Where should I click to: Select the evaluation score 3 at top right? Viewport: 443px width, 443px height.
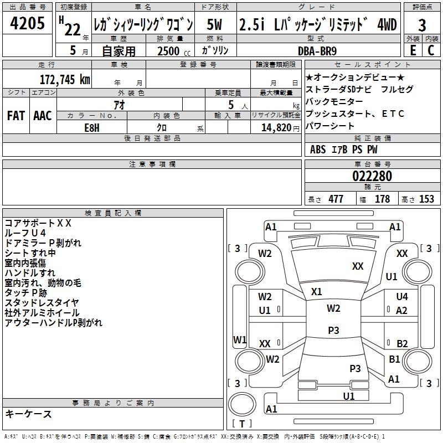coord(422,25)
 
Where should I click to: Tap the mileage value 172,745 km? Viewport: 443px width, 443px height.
coord(65,79)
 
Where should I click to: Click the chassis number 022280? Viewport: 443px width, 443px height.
coord(372,176)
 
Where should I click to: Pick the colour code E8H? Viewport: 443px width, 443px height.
coord(92,127)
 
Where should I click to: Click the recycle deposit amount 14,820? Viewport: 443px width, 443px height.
coord(275,127)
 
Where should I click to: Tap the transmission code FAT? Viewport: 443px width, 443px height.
coord(16,116)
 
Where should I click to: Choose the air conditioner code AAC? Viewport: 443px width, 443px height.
coord(43,116)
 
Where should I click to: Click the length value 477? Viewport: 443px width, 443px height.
coord(335,199)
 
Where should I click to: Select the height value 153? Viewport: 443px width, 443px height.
coord(426,199)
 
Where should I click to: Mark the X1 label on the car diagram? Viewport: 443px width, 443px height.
coord(317,291)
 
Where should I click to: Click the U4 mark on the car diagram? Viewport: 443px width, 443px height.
coord(402,297)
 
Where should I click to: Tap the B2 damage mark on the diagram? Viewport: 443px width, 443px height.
coord(402,343)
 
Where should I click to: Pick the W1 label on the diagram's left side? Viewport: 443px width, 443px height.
coord(240,339)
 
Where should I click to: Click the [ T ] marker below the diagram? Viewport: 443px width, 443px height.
coord(242,424)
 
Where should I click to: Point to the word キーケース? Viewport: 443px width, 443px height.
coord(28,414)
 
